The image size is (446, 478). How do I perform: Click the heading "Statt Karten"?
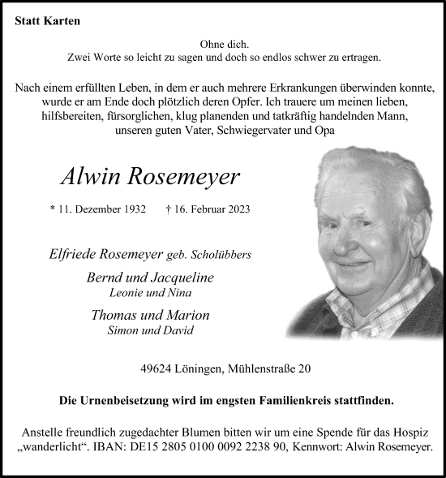(48, 21)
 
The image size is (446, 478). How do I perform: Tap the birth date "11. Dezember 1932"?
(103, 209)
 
